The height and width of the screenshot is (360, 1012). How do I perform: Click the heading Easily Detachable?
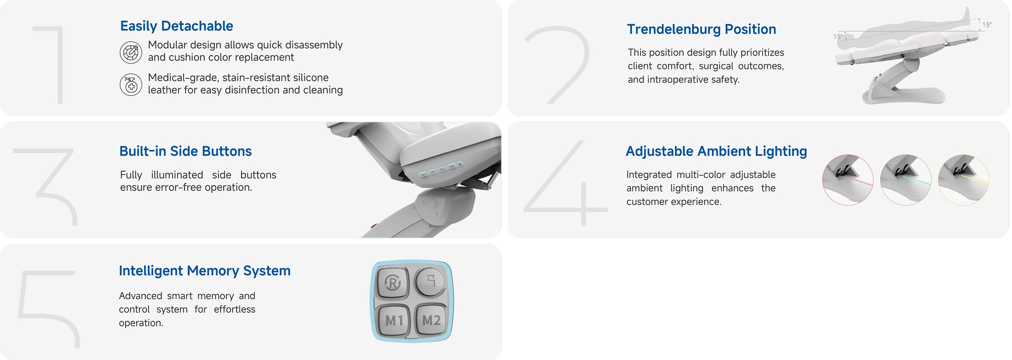point(176,26)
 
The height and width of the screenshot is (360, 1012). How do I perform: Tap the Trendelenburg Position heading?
point(702,30)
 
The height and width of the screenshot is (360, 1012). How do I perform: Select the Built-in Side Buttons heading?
point(185,151)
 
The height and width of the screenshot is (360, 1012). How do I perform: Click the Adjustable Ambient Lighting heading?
point(716,151)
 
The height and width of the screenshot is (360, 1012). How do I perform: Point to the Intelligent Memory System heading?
point(204,271)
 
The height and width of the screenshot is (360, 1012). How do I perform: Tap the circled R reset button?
point(392,282)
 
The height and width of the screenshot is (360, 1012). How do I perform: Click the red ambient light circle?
point(848,180)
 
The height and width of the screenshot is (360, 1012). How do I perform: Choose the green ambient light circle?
point(906,180)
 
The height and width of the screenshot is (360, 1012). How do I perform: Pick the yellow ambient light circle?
point(963,180)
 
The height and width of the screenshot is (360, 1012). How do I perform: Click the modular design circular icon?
point(131,53)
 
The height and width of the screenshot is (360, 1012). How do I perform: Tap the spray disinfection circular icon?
point(131,85)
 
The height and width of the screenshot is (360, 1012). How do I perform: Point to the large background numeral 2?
point(557,65)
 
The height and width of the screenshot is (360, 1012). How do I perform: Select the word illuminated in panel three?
point(177,175)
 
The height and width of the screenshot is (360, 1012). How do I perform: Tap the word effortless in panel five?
point(234,309)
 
